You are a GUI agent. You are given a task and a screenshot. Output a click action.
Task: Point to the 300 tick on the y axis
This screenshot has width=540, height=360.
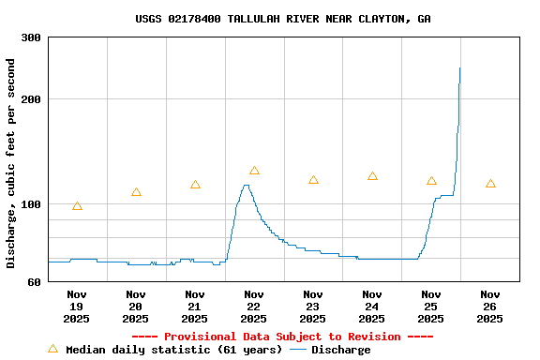coord(31,37)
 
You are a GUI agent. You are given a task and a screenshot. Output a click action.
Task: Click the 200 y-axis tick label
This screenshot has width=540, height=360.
coord(31,99)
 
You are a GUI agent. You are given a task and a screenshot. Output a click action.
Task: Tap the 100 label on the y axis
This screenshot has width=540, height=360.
coord(31,204)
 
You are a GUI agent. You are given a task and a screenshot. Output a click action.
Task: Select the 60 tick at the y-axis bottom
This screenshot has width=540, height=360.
coord(34,281)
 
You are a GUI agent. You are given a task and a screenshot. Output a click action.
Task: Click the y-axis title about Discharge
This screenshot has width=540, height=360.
coord(11,163)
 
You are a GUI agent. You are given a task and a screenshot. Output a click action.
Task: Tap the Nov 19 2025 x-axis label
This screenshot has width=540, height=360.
coord(77,307)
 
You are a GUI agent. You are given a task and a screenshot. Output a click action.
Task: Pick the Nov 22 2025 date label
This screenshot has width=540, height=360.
coord(254,307)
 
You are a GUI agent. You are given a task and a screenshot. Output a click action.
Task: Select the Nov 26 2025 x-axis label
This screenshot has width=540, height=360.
coord(490,307)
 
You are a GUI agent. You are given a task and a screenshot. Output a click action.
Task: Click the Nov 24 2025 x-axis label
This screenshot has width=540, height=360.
coord(372,307)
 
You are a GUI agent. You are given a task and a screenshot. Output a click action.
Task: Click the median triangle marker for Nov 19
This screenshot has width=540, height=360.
coord(77,205)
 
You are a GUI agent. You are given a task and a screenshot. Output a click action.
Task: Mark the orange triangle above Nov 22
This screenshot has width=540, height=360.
coord(254,171)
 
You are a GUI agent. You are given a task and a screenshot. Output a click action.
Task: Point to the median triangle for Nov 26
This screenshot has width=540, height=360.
coord(490,184)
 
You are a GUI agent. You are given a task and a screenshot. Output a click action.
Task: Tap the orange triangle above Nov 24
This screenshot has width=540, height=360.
coord(372,176)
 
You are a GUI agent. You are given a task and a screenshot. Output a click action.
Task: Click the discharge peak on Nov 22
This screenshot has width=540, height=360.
coord(246,186)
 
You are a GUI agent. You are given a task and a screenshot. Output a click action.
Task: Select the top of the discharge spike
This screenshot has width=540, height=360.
coord(459,67)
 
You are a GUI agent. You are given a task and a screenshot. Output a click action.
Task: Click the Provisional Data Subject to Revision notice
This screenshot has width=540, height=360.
coord(282,337)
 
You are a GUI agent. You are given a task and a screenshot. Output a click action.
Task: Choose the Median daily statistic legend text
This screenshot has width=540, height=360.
coord(173,350)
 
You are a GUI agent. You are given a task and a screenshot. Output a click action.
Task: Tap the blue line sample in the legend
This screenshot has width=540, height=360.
coord(298,350)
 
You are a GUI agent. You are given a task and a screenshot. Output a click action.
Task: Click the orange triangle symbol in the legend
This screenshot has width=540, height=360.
coord(52,349)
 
